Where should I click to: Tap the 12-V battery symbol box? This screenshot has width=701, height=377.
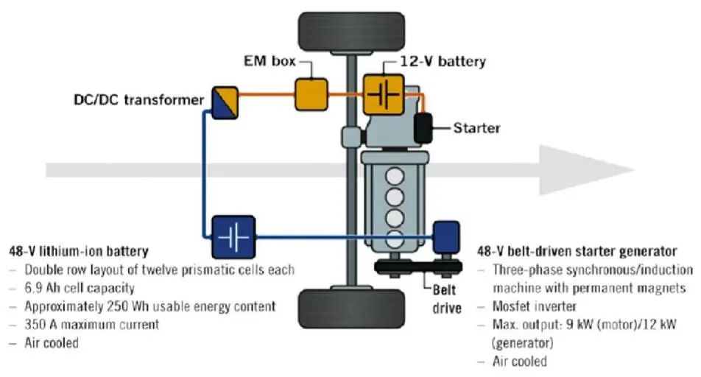pyautogui.click(x=383, y=95)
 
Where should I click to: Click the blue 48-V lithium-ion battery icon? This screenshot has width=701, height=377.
pyautogui.click(x=233, y=236)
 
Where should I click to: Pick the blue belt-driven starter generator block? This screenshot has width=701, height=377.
pyautogui.click(x=446, y=236)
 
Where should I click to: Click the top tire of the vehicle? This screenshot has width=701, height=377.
pyautogui.click(x=350, y=27)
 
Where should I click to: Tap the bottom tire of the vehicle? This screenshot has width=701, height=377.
pyautogui.click(x=351, y=308)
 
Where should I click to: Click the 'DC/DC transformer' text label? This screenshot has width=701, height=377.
pyautogui.click(x=138, y=100)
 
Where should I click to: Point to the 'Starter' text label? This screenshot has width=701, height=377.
pyautogui.click(x=476, y=128)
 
